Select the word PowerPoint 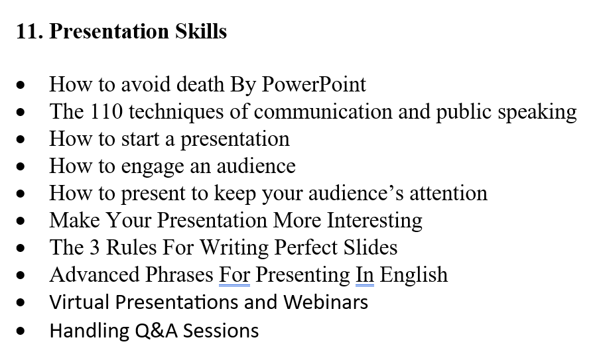click(x=314, y=85)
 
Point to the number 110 click(x=105, y=112)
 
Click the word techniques click(x=174, y=112)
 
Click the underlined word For click(x=234, y=275)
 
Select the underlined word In click(x=364, y=275)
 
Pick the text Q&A click(x=157, y=330)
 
